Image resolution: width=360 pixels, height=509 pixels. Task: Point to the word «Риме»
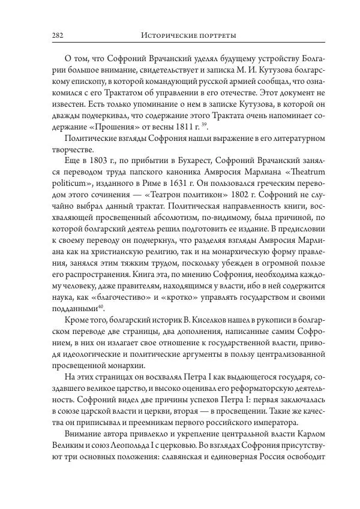(146, 186)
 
